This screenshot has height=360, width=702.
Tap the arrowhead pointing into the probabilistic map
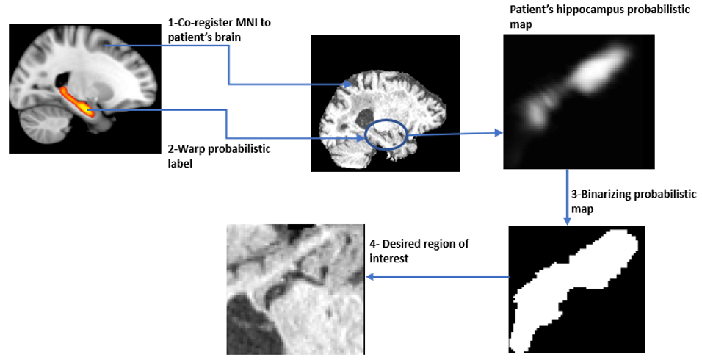pyautogui.click(x=499, y=133)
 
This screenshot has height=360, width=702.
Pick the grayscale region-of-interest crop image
pyautogui.click(x=294, y=289)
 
